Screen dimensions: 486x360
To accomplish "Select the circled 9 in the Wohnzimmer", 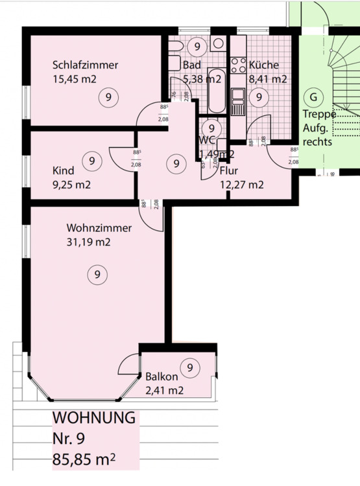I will (97, 275).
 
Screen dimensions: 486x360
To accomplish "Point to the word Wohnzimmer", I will (99, 228).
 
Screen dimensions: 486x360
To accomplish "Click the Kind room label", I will (63, 171).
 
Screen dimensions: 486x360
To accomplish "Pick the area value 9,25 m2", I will (71, 185).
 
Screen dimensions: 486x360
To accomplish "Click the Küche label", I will (263, 65).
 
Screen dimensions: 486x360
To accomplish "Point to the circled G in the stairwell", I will (314, 97).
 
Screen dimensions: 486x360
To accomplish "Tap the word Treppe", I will (319, 115).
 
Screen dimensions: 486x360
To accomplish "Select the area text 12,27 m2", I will (242, 185).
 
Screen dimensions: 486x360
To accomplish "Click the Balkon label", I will (162, 376).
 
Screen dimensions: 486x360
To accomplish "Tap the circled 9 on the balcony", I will (190, 368).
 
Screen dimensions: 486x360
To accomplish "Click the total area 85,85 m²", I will (84, 461).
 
